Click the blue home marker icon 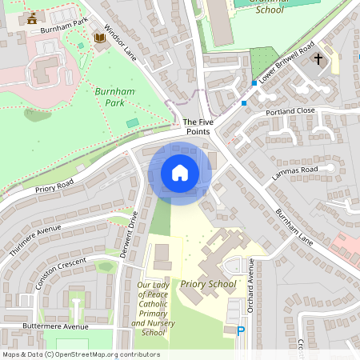(x=180, y=173)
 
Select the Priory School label (x=209, y=284)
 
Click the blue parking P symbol (x=242, y=330)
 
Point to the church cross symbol (x=318, y=59)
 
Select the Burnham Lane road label (x=294, y=226)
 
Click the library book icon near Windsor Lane (x=99, y=38)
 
